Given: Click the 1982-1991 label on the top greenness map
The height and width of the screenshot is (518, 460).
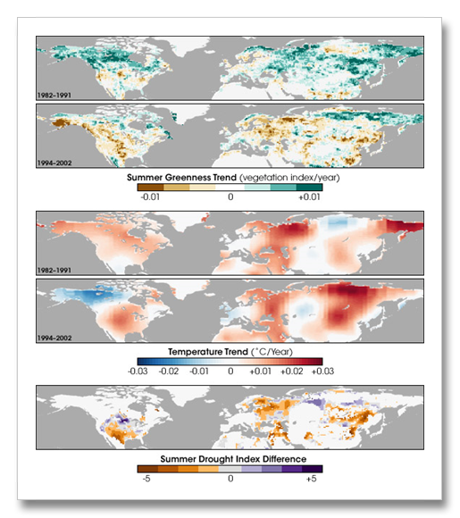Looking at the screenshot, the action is coord(54,96).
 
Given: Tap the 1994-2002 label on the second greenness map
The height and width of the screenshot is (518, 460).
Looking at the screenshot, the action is coord(54,163).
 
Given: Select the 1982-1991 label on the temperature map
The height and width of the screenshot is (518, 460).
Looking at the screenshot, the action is coord(54,271).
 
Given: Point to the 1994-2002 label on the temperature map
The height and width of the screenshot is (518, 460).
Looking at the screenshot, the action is coord(54,338).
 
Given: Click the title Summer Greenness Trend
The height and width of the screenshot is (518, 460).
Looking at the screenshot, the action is coord(181,178).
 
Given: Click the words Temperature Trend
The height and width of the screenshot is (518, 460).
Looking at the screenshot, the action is coord(208,352).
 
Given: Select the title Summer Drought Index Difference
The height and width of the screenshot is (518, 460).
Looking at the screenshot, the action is coord(233,459).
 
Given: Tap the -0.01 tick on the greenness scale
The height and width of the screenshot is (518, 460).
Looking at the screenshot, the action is coord(150,196).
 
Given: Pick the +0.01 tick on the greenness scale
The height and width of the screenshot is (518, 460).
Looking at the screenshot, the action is coord(309,196).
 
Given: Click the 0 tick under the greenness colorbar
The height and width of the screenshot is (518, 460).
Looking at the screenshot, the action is coord(230,196).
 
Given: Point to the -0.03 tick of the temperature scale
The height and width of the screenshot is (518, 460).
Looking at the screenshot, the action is coord(138,372).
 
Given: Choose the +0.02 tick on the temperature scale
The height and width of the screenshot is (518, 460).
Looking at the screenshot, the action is coord(292,372).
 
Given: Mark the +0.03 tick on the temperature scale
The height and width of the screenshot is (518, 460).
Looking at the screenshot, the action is coord(322,372).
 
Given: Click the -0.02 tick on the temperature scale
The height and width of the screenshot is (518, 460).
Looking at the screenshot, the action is coord(169,372).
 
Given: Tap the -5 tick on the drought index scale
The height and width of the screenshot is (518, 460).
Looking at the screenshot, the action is coord(146,479).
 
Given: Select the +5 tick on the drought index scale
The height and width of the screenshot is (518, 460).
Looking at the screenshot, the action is coord(312,479).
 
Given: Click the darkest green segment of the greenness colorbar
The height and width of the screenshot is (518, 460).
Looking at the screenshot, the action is coord(309,188).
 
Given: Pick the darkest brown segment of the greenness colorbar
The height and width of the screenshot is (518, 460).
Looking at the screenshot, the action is coord(150,188).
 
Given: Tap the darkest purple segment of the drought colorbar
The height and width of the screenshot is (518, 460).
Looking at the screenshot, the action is coord(313,469).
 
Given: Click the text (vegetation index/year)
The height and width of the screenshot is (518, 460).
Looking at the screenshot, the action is coord(289,178).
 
